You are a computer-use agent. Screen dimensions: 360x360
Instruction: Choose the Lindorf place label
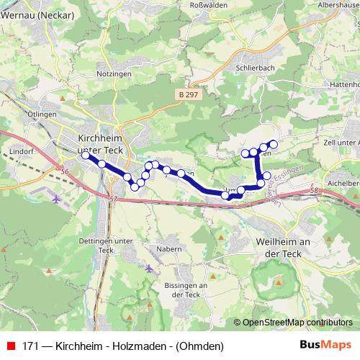(x=23, y=151)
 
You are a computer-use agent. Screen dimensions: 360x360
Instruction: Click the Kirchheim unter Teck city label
(x=101, y=142)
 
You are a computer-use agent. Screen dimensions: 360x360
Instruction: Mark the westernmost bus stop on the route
(x=86, y=155)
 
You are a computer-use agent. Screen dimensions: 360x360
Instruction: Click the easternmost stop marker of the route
(x=273, y=144)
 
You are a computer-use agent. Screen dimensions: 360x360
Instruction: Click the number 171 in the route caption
(x=31, y=346)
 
